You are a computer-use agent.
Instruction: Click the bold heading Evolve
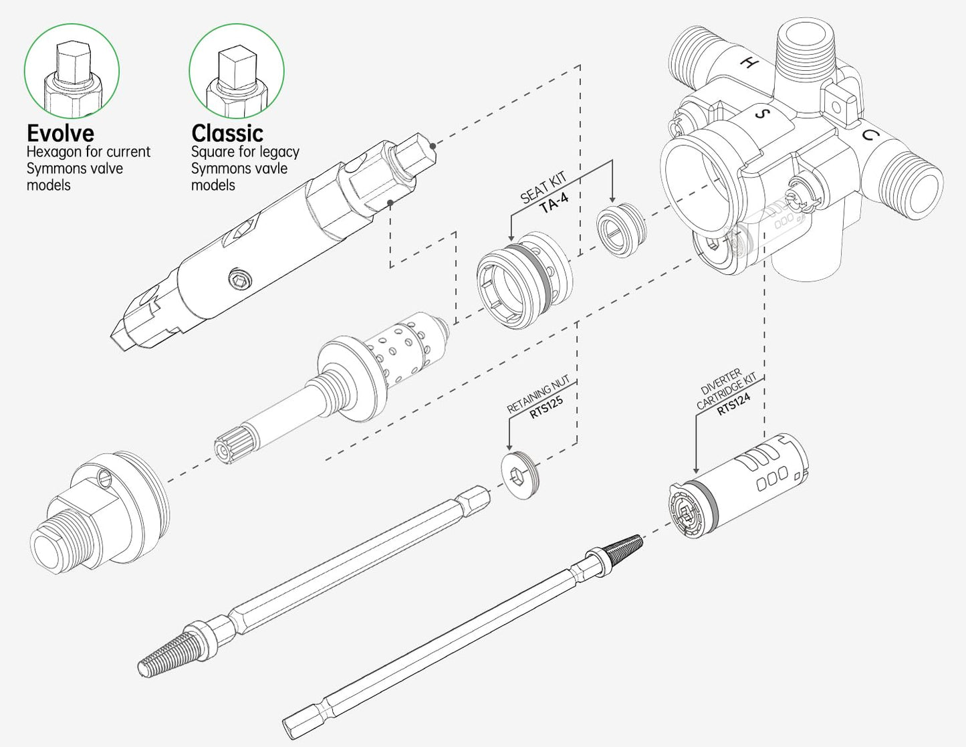60,132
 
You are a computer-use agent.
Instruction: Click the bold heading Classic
227,132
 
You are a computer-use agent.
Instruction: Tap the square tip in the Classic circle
235,65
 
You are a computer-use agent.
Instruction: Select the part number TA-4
554,203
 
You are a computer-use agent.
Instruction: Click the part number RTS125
547,408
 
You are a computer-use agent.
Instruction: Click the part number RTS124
733,404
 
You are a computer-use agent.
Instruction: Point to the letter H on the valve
750,64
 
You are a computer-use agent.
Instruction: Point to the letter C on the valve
868,135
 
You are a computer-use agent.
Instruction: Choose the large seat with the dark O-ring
524,280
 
